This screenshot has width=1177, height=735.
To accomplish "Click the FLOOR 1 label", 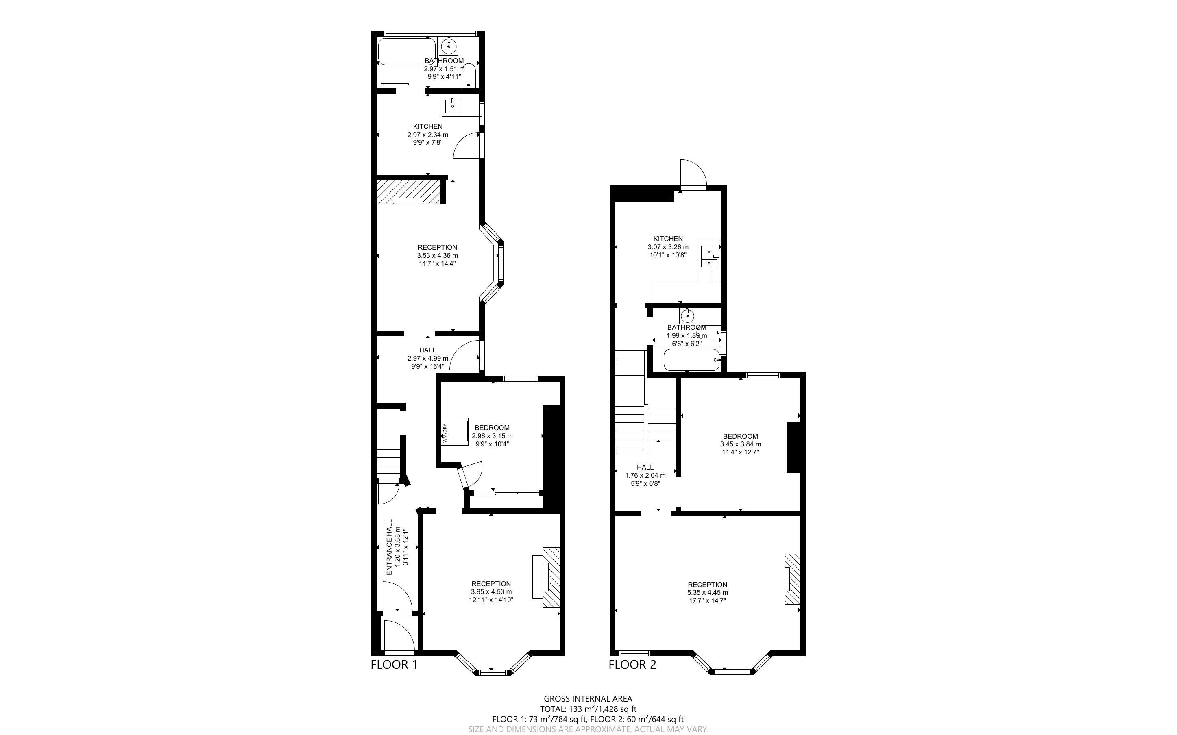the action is coord(394,665).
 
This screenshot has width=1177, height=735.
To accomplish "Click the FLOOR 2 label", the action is coord(632,665).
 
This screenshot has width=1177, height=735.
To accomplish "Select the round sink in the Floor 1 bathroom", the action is coord(449,47).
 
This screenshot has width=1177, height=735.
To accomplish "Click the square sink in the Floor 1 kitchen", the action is coord(453,105).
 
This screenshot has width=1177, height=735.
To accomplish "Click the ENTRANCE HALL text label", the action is coord(389,547).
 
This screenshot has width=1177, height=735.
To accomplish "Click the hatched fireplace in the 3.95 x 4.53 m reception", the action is coord(550,576).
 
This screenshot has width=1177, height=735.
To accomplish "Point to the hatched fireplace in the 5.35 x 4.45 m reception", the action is coord(792,579).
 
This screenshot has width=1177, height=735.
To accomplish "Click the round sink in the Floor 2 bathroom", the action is coord(687,316).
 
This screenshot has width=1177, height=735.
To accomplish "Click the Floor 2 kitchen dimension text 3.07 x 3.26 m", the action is coord(668,247).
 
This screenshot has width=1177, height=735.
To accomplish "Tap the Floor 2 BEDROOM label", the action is coord(741,436).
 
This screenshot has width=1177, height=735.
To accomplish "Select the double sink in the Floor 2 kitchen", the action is coord(709,257).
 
